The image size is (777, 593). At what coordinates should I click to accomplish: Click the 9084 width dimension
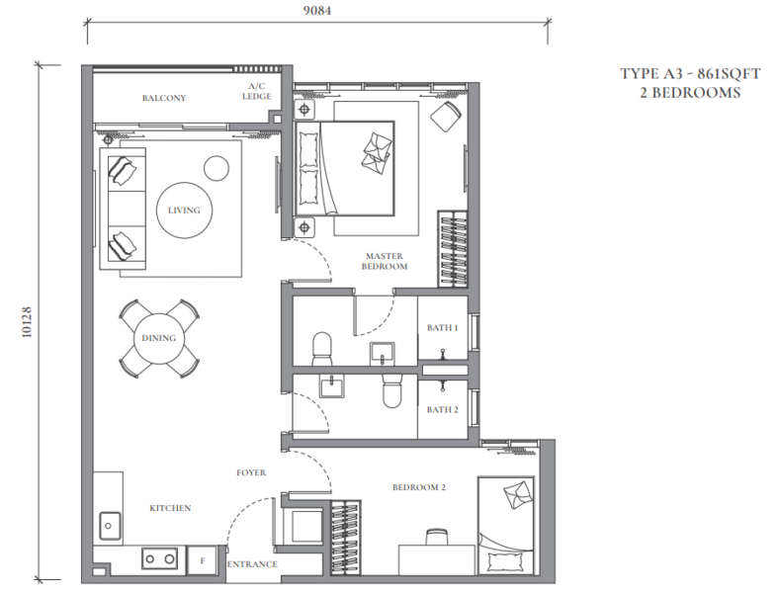point(317,11)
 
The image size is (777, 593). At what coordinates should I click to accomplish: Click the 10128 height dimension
point(27,322)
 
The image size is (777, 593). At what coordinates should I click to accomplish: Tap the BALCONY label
point(164,98)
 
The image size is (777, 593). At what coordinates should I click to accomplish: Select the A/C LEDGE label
point(257,91)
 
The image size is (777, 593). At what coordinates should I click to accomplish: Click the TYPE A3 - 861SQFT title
point(690,74)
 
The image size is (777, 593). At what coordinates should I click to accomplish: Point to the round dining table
point(159,339)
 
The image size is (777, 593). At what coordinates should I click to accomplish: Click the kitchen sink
point(110,526)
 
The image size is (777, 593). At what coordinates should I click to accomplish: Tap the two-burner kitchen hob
point(159,558)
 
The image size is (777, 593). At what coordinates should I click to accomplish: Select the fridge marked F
point(203,560)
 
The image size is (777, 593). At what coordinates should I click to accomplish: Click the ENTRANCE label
point(252,564)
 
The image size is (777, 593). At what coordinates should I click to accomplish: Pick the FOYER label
point(251,472)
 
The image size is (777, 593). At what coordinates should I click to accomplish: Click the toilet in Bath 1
point(322,349)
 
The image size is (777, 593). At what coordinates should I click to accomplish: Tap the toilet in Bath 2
point(392,390)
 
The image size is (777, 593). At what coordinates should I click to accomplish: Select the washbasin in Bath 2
point(332,385)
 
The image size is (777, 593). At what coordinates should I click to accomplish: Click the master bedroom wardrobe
point(453,249)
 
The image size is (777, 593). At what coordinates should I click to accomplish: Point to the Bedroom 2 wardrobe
point(345,537)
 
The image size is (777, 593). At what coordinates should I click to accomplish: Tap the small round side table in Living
point(216,168)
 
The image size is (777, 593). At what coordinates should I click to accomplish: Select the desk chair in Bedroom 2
point(437,537)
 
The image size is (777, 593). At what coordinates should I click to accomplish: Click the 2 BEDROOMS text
point(690,93)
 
